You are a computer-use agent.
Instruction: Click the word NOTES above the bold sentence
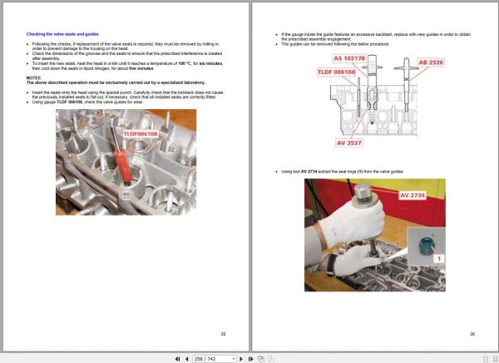[x=32, y=77]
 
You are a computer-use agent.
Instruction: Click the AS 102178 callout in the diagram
[x=349, y=59]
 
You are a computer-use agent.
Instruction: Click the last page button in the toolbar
[x=248, y=358]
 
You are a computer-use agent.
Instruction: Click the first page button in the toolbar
[x=176, y=358]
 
